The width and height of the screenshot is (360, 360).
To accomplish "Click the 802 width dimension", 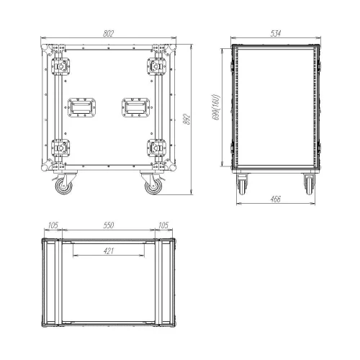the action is (108, 34).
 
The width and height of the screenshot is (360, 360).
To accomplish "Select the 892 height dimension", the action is (187, 120).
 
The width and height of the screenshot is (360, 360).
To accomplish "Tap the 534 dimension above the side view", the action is (276, 33).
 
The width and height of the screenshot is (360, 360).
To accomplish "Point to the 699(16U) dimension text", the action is (216, 107).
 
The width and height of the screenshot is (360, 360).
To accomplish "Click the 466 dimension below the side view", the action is (275, 199).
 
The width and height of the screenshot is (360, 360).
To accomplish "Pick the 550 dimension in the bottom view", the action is (109, 225).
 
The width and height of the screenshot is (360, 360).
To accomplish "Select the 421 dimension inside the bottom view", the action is (109, 251).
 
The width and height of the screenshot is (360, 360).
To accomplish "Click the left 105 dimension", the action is (53, 225).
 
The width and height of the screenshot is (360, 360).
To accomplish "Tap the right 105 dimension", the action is (163, 225).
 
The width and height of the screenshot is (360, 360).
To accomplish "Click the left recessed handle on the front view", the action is (82, 107).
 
